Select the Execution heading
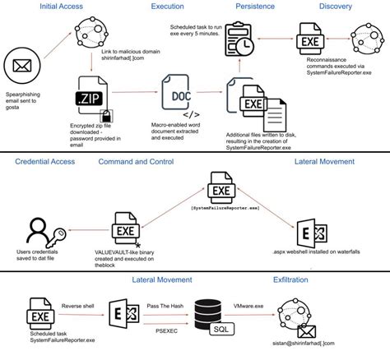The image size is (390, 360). click(x=167, y=7)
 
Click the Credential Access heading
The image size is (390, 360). click(x=51, y=163)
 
